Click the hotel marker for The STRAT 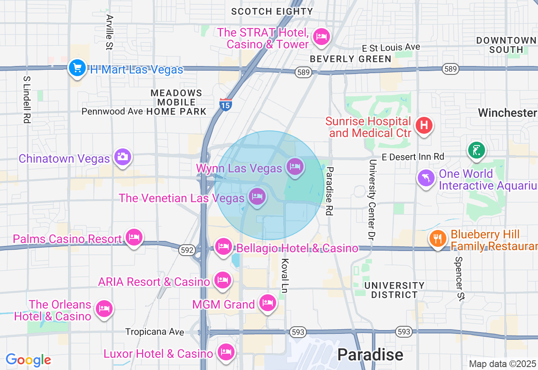(322, 37)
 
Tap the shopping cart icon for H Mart (77, 67)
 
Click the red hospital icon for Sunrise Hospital (424, 125)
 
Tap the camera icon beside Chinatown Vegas (122, 157)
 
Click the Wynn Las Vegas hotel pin (295, 166)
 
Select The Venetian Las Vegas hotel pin (257, 196)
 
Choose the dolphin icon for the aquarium (426, 178)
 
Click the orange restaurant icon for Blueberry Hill (438, 238)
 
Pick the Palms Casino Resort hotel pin (134, 238)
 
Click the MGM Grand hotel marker (267, 303)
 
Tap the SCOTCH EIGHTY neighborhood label (272, 11)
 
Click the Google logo (28, 360)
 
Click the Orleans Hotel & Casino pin (104, 309)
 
